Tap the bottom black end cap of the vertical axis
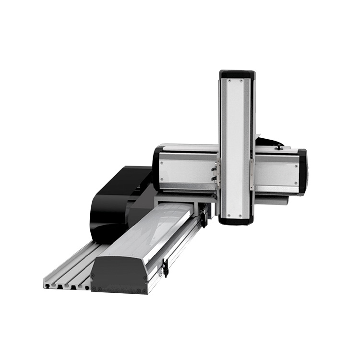click(x=237, y=220)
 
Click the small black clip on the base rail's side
click(x=165, y=267)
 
